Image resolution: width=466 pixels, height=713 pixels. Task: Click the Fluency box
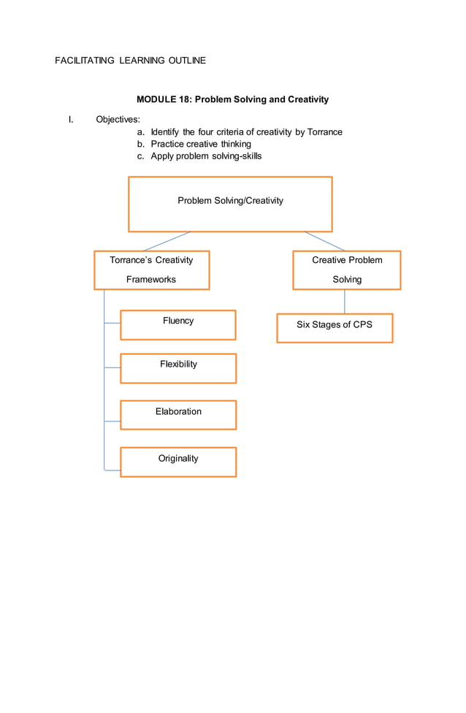coord(178,325)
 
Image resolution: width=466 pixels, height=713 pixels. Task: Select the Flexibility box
coord(178,368)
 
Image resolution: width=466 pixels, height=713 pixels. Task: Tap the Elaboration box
coord(178,415)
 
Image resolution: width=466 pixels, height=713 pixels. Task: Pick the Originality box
coord(178,462)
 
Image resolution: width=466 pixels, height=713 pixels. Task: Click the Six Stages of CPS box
coord(335,328)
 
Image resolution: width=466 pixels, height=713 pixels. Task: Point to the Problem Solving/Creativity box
coord(230,204)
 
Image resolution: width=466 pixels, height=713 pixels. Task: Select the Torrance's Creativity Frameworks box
coord(151,270)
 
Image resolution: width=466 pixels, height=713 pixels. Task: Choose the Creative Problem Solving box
coord(347,270)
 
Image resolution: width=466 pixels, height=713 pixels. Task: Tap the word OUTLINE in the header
coord(187,61)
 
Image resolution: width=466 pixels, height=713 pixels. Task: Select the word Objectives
coord(118,119)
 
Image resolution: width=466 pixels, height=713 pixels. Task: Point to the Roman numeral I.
coord(71,119)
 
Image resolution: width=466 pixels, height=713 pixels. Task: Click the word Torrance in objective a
coord(324,132)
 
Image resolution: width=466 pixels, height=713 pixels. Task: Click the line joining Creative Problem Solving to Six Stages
coord(344,302)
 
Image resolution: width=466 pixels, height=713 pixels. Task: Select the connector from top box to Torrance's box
coord(167,242)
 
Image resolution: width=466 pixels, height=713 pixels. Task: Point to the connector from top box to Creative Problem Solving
coord(325,242)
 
